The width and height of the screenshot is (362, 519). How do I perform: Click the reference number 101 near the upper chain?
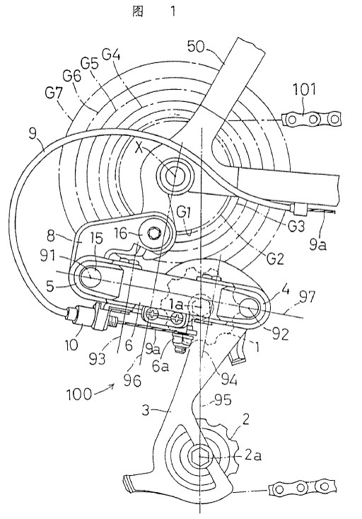pyautogui.click(x=305, y=89)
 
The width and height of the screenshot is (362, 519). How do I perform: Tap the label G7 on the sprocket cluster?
pyautogui.click(x=54, y=94)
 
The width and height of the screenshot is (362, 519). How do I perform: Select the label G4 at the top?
pyautogui.click(x=111, y=55)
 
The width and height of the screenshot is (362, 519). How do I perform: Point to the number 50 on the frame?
pyautogui.click(x=197, y=47)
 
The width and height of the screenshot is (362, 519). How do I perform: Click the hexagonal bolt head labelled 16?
pyautogui.click(x=153, y=233)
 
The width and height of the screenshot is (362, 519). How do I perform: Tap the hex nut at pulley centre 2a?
pyautogui.click(x=199, y=457)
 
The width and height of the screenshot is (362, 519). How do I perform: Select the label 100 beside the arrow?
pyautogui.click(x=79, y=394)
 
